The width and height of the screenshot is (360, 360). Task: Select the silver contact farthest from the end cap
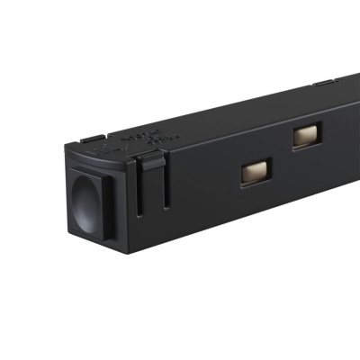pyautogui.click(x=306, y=136)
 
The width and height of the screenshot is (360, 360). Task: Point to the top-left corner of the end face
pyautogui.click(x=65, y=148)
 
